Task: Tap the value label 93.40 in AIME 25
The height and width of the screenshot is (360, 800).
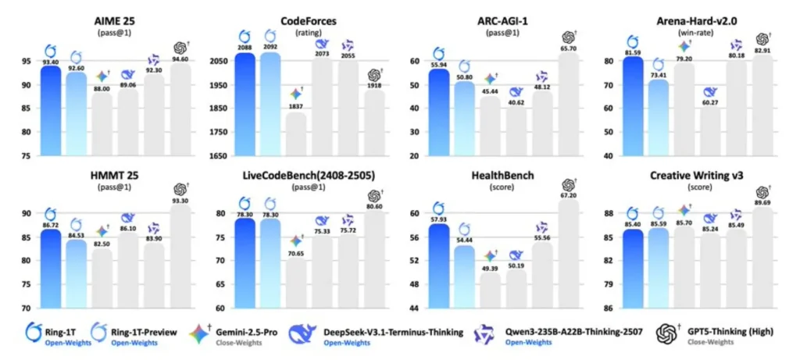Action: (51, 62)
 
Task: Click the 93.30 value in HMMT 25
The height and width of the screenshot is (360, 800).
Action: (180, 200)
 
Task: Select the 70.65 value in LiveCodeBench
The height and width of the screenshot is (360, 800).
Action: (295, 253)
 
